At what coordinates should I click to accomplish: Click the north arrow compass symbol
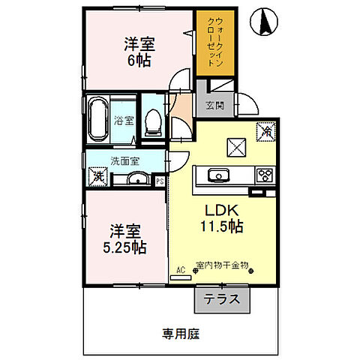264,22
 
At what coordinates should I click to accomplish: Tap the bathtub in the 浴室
98,118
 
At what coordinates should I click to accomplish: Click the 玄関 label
205,106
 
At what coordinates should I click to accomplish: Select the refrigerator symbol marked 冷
265,130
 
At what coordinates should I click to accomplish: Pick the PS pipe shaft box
160,180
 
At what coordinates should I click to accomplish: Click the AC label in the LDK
180,268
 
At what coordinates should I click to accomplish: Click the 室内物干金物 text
222,264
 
